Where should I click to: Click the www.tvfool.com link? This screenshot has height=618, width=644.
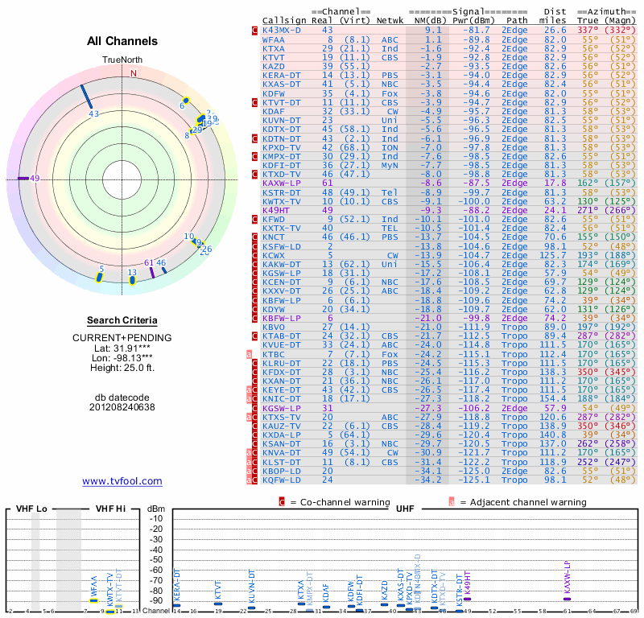pos(122,481)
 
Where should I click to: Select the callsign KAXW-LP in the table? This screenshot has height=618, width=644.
pos(282,183)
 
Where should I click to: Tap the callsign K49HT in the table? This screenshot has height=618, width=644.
pos(276,209)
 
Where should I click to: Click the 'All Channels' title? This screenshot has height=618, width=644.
pos(122,41)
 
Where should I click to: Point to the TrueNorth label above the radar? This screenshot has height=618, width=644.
pos(122,60)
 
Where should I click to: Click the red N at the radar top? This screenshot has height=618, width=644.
pos(134,73)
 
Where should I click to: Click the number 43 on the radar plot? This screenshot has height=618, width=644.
pos(94,114)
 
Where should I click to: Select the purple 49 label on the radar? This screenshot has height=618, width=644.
pos(34,179)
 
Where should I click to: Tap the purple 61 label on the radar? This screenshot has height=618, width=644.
pos(148,262)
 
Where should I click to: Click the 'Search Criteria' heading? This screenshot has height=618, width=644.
pos(122,320)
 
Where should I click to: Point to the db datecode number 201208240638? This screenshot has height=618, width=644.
pos(122,407)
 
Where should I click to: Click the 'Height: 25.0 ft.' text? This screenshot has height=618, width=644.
pos(122,369)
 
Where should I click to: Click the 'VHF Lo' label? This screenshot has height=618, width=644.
pos(31,509)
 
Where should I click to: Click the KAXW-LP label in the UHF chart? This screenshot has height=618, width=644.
pos(567,578)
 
